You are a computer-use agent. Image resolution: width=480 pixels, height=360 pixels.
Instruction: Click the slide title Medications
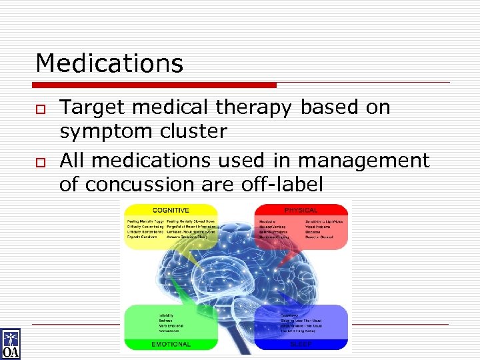(109, 63)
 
